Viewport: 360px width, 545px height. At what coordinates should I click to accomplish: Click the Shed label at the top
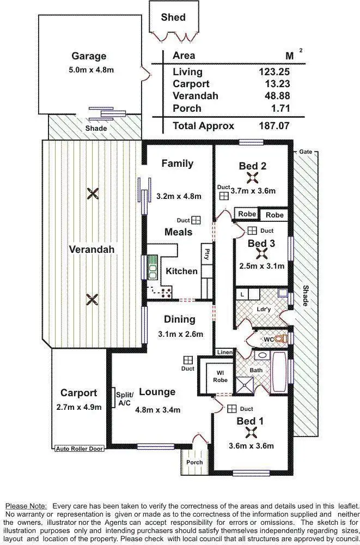[x=173, y=17]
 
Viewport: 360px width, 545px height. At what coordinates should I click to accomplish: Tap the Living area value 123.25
[x=274, y=72]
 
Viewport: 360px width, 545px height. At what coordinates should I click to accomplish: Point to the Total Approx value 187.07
[x=273, y=126]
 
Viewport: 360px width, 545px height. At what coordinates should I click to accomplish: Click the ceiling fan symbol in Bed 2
[x=253, y=178]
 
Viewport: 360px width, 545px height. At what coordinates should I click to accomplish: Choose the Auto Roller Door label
[x=79, y=449]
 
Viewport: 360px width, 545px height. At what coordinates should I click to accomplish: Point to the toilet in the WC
[x=280, y=339]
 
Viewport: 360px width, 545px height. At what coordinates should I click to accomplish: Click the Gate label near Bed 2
[x=305, y=151]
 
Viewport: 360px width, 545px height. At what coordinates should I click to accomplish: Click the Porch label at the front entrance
[x=194, y=462]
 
